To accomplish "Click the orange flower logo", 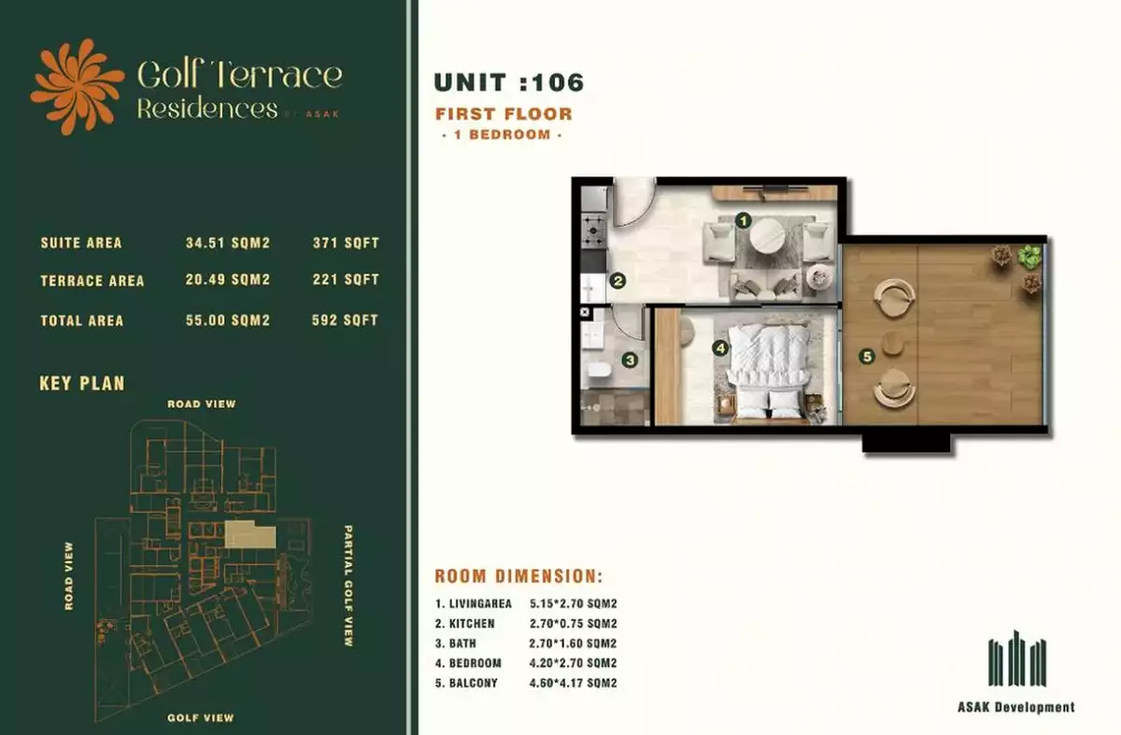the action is click(x=77, y=87).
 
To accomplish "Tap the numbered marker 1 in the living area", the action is click(x=744, y=220).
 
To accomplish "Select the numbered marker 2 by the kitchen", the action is click(x=617, y=281).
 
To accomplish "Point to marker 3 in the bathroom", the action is click(x=630, y=360).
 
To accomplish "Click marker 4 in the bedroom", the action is click(x=720, y=348).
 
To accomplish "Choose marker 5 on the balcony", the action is click(x=867, y=356).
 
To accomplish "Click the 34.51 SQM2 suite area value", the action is click(x=228, y=243).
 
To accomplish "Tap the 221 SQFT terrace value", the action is click(x=346, y=279).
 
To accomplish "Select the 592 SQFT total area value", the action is click(x=345, y=320).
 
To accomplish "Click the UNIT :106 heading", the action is click(x=509, y=82).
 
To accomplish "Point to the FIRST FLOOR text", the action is click(x=504, y=114).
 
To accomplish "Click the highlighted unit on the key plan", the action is click(x=249, y=534).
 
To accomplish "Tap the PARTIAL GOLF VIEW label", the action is click(x=348, y=586).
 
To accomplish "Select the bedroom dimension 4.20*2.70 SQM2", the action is click(x=573, y=663).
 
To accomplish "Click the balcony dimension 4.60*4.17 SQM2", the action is click(x=573, y=683).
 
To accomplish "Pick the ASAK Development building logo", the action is click(x=1017, y=657).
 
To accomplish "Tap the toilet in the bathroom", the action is click(x=600, y=370).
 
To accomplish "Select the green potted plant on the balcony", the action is click(x=1029, y=257).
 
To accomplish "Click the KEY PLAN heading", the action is click(x=82, y=384).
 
